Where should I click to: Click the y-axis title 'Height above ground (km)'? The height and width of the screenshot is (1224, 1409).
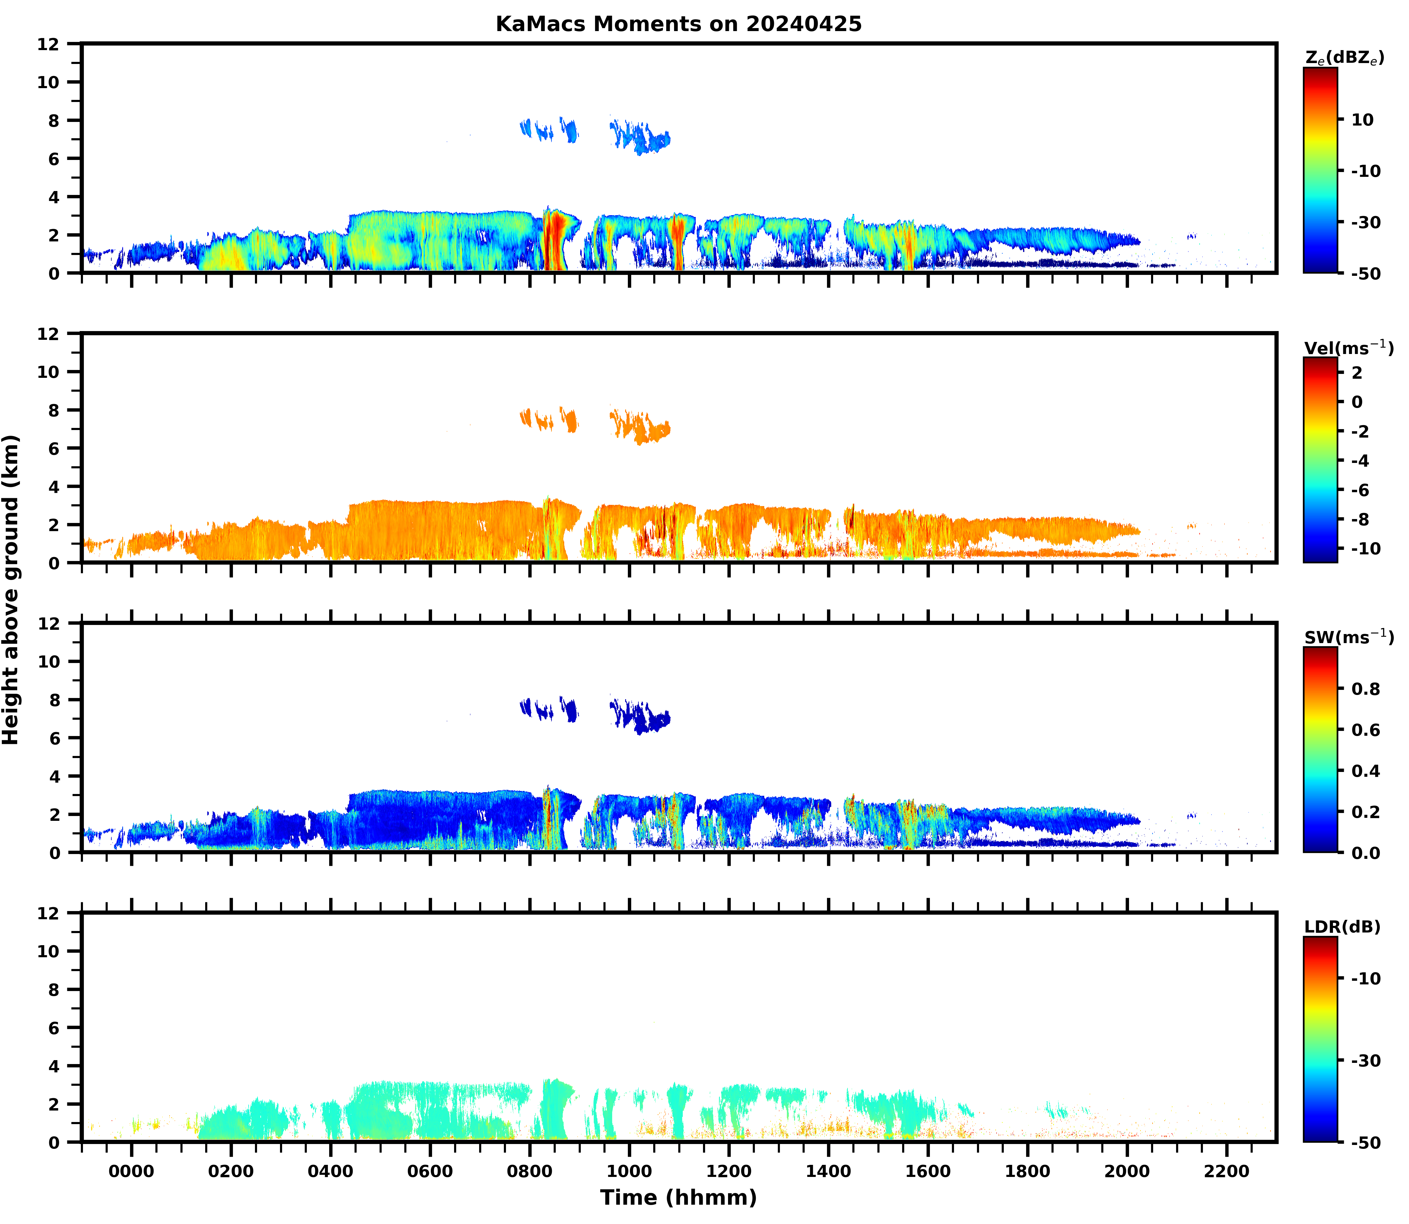click(x=11, y=589)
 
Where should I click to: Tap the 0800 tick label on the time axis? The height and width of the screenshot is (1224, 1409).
click(x=529, y=1171)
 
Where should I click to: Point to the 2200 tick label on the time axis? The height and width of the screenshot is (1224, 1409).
click(x=1227, y=1171)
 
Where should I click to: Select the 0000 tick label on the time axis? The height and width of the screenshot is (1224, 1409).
click(x=131, y=1171)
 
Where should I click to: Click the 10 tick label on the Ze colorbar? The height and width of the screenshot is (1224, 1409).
click(x=1362, y=120)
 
